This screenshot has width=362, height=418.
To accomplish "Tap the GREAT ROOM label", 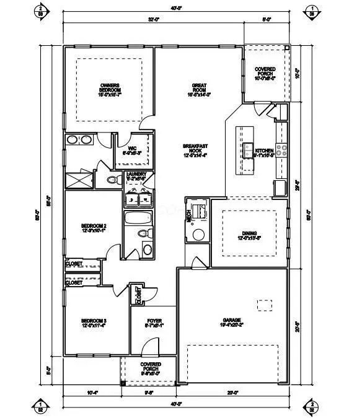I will click(200, 90).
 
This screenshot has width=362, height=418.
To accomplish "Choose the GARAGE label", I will click(232, 323).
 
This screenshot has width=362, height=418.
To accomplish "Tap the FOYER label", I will click(154, 323).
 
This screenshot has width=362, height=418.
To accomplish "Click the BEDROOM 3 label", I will click(94, 323).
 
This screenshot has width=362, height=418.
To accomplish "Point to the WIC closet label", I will click(132, 149).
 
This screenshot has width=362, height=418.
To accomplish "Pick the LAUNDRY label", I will click(136, 175).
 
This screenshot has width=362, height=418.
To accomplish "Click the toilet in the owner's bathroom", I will click(112, 180).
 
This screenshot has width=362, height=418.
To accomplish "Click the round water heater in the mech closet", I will click(198, 234).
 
